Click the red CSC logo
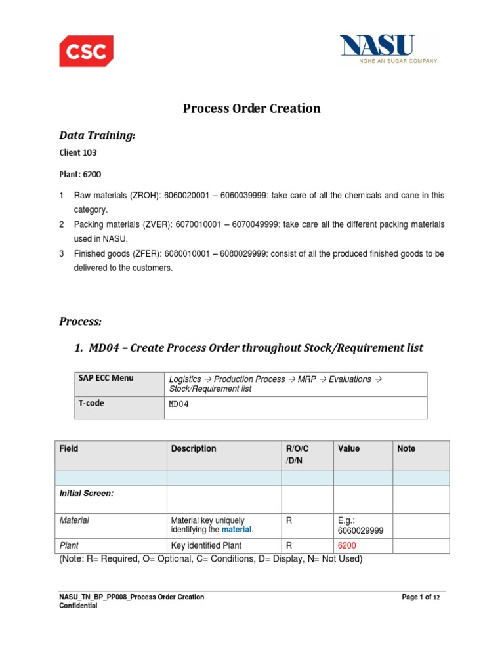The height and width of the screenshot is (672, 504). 86,51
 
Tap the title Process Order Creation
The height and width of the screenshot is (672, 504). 251,108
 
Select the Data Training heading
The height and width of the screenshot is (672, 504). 97,135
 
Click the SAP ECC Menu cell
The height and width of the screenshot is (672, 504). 106,379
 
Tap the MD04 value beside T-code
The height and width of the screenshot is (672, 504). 178,404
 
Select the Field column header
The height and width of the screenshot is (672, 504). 69,449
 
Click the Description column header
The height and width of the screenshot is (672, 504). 194,449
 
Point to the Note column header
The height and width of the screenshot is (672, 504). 406,449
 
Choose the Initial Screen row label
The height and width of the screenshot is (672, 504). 87,493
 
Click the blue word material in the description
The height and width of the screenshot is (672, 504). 236,530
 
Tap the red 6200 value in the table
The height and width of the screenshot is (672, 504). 347,545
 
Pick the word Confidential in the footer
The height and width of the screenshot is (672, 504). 78,606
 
